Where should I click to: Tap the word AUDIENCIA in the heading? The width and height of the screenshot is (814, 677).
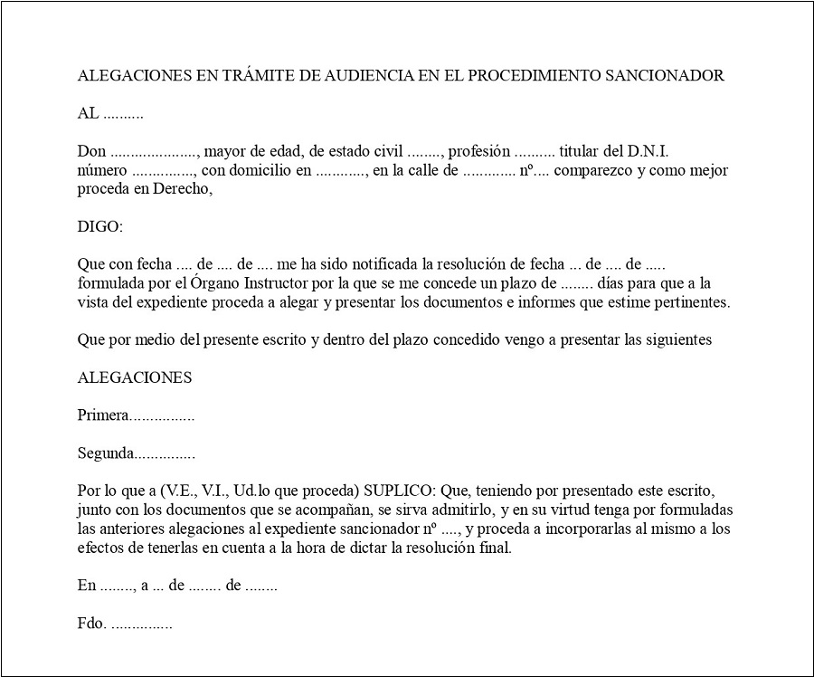366,75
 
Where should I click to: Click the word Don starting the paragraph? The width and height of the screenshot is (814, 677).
91,151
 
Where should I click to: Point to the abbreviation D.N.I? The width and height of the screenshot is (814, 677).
642,151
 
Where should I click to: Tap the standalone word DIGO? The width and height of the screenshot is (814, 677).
99,226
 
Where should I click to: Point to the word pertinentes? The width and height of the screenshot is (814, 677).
686,302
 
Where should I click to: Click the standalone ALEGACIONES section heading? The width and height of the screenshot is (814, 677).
135,377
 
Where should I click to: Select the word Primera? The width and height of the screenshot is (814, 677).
103,415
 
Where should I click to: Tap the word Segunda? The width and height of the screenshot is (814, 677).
106,453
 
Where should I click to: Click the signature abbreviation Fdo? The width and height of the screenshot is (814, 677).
92,624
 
